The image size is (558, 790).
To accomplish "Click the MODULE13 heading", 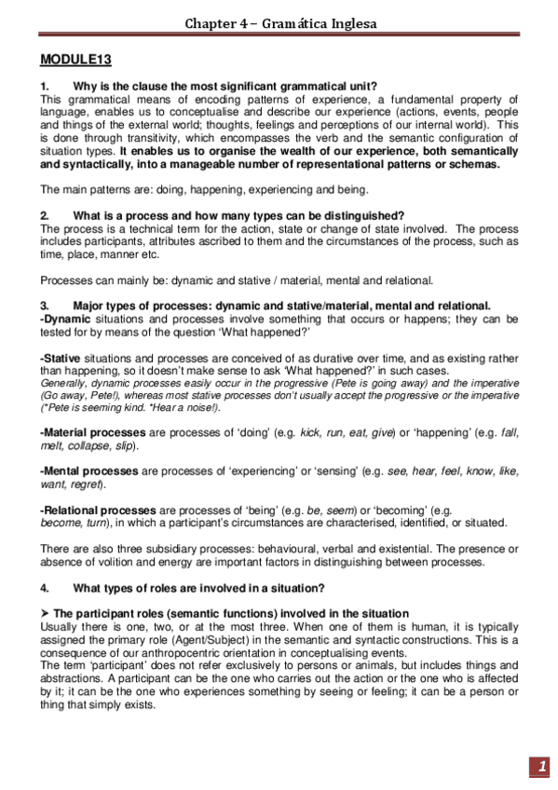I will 76,61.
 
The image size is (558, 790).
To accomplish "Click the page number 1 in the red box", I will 541,767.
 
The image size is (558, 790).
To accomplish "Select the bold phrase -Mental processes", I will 88,471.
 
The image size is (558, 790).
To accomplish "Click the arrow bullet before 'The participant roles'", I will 46,613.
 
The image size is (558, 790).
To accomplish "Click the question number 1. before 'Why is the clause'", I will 45,87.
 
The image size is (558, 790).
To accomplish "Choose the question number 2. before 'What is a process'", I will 45,215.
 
